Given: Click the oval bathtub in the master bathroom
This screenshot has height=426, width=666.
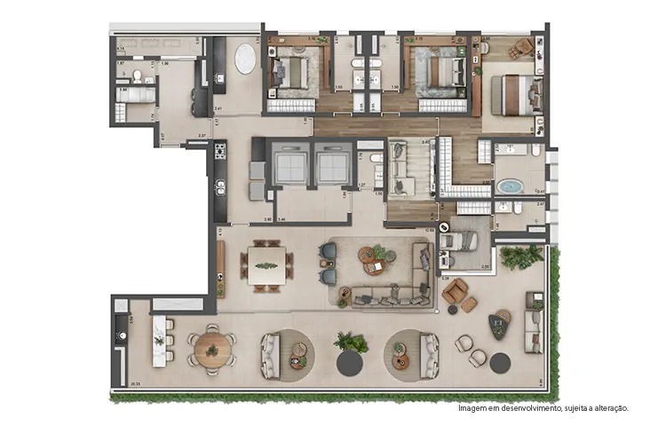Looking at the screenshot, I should pyautogui.click(x=509, y=186).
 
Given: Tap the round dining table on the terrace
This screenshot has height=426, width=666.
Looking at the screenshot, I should pyautogui.click(x=212, y=348).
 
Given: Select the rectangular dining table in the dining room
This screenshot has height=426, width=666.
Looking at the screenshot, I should pyautogui.click(x=266, y=264).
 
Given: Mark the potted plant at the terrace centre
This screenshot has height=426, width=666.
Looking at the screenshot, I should pyautogui.click(x=351, y=342).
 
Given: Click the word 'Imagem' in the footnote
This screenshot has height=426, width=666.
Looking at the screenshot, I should pyautogui.click(x=472, y=408).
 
